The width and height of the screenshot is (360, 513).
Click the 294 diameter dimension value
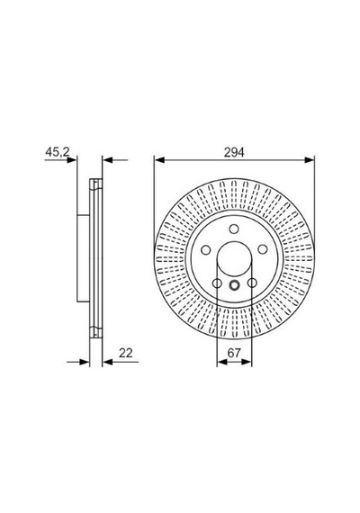coord(234,152)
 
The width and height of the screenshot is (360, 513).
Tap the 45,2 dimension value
coord(58,151)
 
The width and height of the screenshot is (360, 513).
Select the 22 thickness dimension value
coord(125,353)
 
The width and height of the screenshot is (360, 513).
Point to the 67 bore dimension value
coord(234,353)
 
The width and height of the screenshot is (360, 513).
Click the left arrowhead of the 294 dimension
coord(158,160)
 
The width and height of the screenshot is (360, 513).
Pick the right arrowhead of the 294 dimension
coord(310,160)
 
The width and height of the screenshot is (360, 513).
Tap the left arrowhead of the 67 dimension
coord(222,362)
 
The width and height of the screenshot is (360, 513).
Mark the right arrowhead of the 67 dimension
coord(247,362)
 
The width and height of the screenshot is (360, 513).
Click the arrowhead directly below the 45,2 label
coord(72,160)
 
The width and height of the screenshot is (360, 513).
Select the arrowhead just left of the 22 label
coord(107,362)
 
